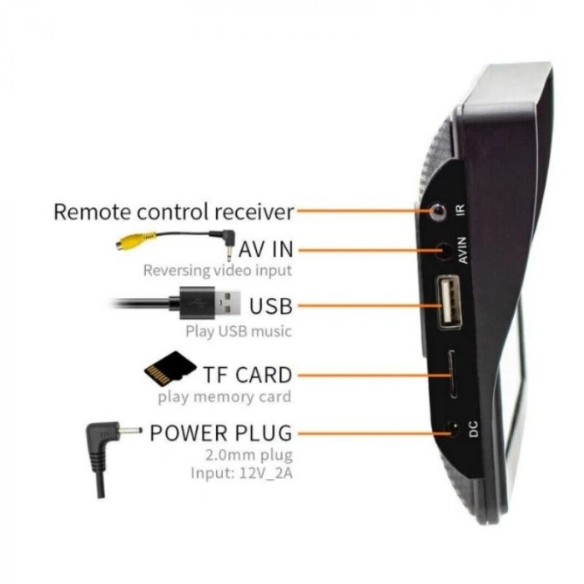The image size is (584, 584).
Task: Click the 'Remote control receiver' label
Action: pyautogui.click(x=174, y=212)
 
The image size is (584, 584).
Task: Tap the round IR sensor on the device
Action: pyautogui.click(x=438, y=211)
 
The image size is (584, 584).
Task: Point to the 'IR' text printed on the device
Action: pyautogui.click(x=461, y=209)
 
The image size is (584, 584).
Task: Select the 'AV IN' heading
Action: pyautogui.click(x=266, y=249)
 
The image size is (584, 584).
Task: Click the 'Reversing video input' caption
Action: pyautogui.click(x=218, y=270)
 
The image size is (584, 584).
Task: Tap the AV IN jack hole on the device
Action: pyautogui.click(x=444, y=250)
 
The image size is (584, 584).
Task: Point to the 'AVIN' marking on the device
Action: pyautogui.click(x=462, y=250)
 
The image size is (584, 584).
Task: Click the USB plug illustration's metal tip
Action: pyautogui.click(x=227, y=302)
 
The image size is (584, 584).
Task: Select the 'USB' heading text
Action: pyautogui.click(x=271, y=306)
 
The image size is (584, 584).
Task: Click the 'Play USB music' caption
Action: pyautogui.click(x=239, y=331)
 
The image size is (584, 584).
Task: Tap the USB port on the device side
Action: pyautogui.click(x=449, y=301)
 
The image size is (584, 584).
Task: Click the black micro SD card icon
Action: pyautogui.click(x=170, y=368)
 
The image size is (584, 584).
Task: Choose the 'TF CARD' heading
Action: pyautogui.click(x=248, y=375)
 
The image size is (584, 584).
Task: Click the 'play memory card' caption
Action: pyautogui.click(x=224, y=396)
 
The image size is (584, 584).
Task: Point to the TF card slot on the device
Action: pyautogui.click(x=453, y=375)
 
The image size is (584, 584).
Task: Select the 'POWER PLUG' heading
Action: pyautogui.click(x=221, y=433)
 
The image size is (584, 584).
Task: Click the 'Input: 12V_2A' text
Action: pyautogui.click(x=241, y=473)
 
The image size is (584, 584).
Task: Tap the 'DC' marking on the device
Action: pyautogui.click(x=473, y=429)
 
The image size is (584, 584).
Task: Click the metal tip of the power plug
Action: pyautogui.click(x=130, y=431)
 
